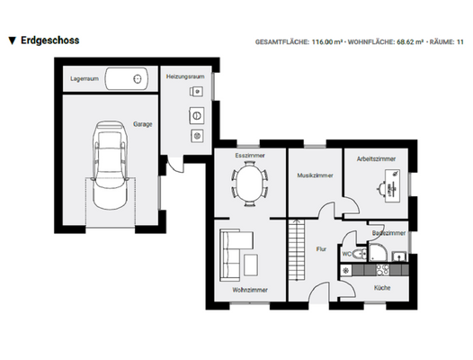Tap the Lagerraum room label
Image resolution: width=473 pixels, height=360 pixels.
tap(84, 78)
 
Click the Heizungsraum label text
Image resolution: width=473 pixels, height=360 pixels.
tap(185, 76)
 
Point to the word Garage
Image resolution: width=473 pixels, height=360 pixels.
tap(143, 123)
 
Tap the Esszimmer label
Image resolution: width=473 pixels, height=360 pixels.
tap(248, 155)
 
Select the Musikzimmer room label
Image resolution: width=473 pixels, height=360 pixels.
tap(315, 176)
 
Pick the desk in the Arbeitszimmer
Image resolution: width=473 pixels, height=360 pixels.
tap(388, 188)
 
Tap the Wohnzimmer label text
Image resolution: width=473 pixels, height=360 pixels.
tap(249, 290)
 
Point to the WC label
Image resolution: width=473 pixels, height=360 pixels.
tap(347, 255)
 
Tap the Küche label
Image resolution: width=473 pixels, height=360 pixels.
tap(382, 288)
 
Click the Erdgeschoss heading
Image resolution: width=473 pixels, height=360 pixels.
tap(50, 41)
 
